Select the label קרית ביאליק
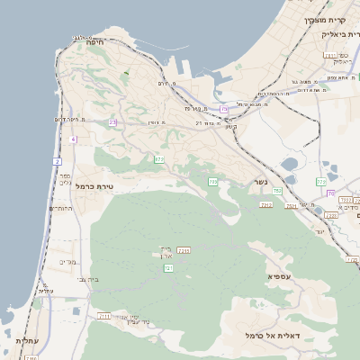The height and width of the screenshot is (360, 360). [339, 33]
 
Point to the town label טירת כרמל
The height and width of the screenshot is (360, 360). [94, 185]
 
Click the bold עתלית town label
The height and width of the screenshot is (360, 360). [27, 341]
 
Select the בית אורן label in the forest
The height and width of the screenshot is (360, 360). [165, 252]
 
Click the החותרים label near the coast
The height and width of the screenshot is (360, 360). [61, 208]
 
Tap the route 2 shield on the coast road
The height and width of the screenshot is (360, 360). [57, 161]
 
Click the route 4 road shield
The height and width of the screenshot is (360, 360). [73, 139]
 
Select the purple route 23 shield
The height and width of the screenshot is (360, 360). [112, 121]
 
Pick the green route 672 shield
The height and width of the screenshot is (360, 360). [159, 159]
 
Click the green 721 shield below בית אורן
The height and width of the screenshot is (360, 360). [168, 268]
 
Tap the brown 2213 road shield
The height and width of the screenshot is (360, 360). [184, 250]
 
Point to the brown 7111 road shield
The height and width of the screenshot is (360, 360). [104, 316]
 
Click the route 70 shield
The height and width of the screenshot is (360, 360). [331, 193]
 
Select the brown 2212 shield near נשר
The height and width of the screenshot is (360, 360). [266, 205]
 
